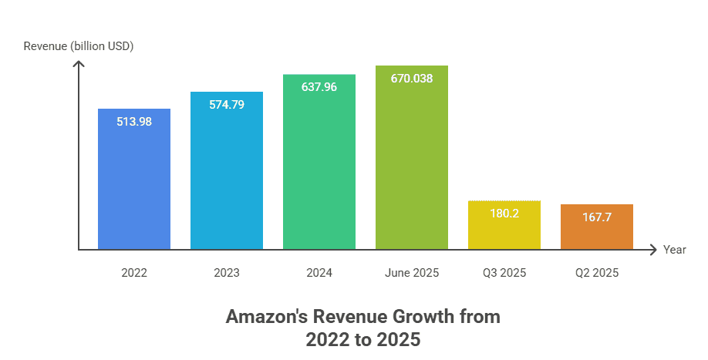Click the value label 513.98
tap(133, 121)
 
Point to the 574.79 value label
tap(227, 104)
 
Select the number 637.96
tap(319, 87)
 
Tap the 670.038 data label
tap(412, 78)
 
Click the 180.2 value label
tap(504, 213)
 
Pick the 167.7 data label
tap(597, 217)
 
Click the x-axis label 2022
tap(133, 273)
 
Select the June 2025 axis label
tap(412, 273)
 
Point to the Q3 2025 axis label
tap(504, 273)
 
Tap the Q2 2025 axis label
tap(597, 273)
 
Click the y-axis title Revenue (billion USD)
tap(79, 46)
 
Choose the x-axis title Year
tap(675, 250)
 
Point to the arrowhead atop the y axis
tap(78, 63)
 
